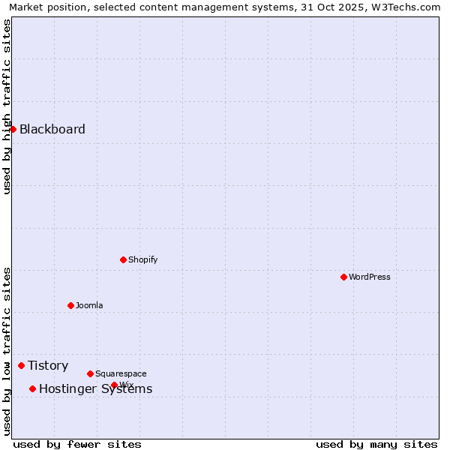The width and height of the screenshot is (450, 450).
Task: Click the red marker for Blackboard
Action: click(13, 129)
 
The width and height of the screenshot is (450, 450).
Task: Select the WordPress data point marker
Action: click(343, 277)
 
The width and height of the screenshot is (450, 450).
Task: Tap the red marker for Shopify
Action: click(123, 259)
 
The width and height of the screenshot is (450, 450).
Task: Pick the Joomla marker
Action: click(70, 305)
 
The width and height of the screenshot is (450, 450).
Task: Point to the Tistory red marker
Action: click(21, 365)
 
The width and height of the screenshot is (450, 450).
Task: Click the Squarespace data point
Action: click(90, 373)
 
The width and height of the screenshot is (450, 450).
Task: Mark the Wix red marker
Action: click(114, 385)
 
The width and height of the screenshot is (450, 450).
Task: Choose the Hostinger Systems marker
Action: click(32, 388)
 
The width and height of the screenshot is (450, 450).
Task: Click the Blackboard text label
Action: click(52, 129)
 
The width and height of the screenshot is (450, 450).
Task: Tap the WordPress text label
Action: click(369, 277)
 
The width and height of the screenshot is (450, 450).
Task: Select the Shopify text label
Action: click(142, 259)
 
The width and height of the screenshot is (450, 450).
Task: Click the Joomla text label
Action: click(89, 305)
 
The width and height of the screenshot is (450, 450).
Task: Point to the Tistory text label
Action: click(48, 365)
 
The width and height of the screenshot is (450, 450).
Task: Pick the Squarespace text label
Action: click(121, 373)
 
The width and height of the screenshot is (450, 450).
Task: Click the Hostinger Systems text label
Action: click(95, 388)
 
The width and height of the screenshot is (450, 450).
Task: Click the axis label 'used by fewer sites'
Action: click(77, 444)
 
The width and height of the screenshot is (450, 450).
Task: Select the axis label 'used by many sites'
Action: click(376, 444)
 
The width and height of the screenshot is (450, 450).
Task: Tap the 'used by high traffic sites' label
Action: click(7, 106)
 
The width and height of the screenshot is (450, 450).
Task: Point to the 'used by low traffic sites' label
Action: click(7, 351)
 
